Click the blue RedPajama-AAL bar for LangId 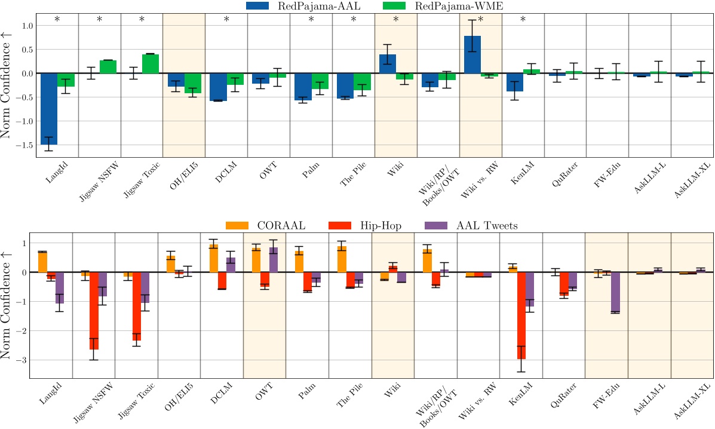point(49,109)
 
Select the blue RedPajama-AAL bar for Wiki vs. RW point(472,54)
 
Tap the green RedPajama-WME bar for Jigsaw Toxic point(151,63)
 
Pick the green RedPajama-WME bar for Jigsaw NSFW point(108,66)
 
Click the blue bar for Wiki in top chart point(388,63)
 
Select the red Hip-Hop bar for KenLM point(521,315)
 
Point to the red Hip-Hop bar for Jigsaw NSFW point(94,311)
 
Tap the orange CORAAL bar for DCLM point(213,258)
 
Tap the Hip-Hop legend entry point(365,225)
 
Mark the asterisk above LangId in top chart point(57,20)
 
